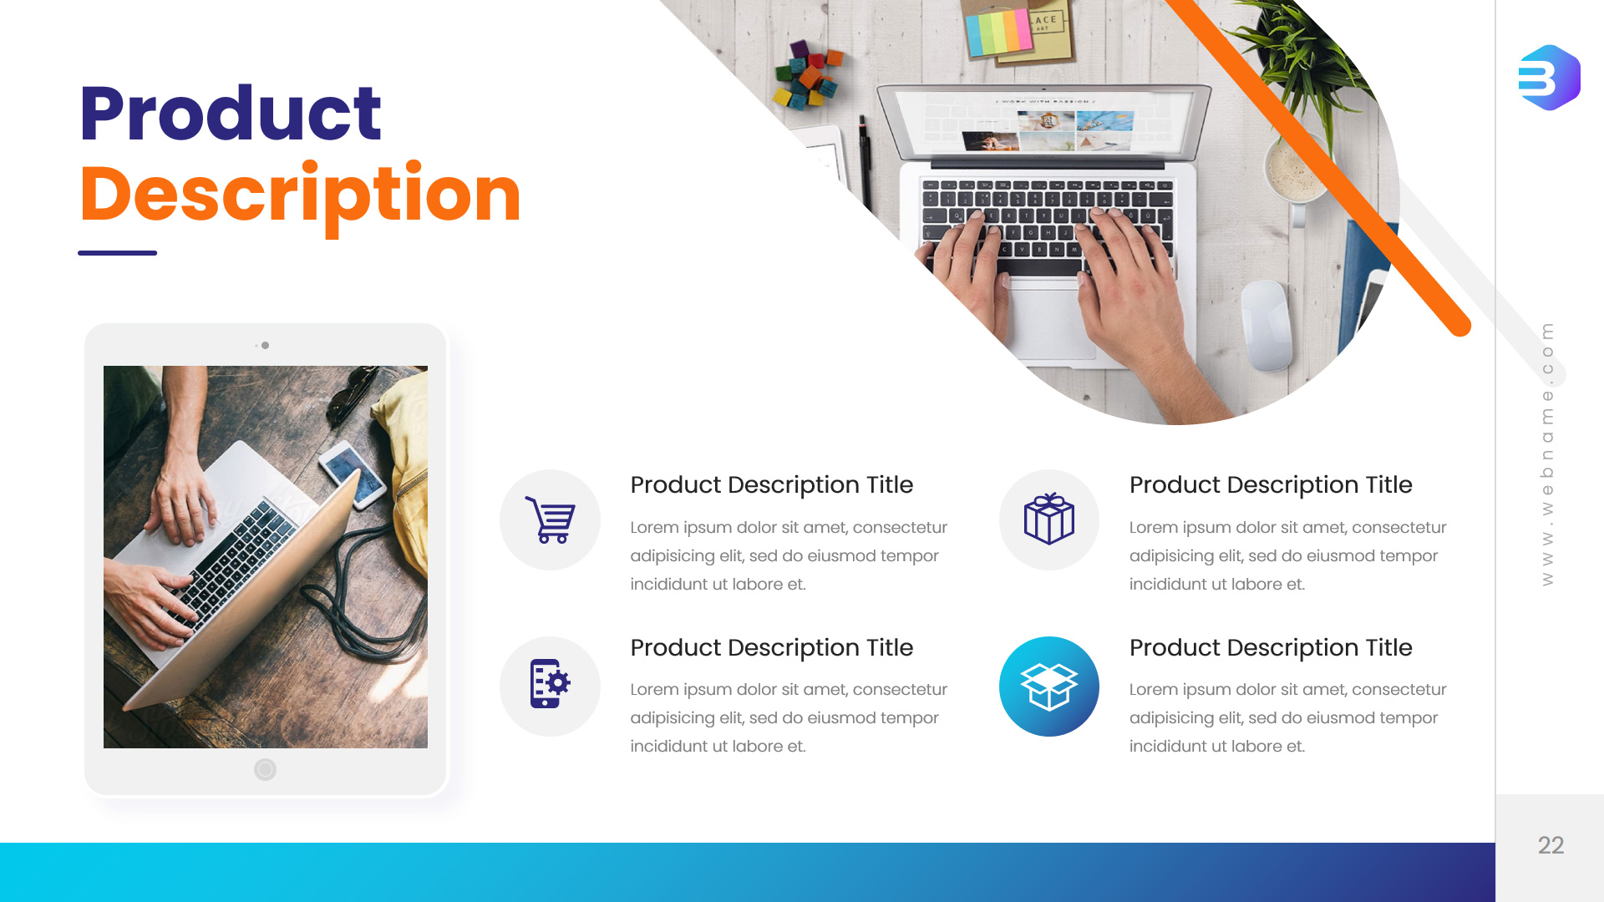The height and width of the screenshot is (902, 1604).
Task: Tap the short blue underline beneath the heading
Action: click(117, 252)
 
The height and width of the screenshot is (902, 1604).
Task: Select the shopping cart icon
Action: click(550, 519)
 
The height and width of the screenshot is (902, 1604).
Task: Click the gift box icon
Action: click(1049, 519)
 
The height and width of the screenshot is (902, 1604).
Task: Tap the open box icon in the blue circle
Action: click(1049, 687)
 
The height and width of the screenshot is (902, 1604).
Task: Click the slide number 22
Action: click(1551, 845)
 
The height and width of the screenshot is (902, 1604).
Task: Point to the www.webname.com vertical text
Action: click(1547, 454)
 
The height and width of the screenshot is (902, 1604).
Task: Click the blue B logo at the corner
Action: click(1549, 78)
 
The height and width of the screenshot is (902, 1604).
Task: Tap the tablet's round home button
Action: click(265, 769)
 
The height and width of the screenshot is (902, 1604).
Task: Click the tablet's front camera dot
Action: click(265, 345)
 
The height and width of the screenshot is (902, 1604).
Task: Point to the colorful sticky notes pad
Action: click(999, 32)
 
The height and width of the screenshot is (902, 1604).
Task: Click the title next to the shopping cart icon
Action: click(771, 484)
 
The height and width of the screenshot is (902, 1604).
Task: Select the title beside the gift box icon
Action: click(1271, 484)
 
